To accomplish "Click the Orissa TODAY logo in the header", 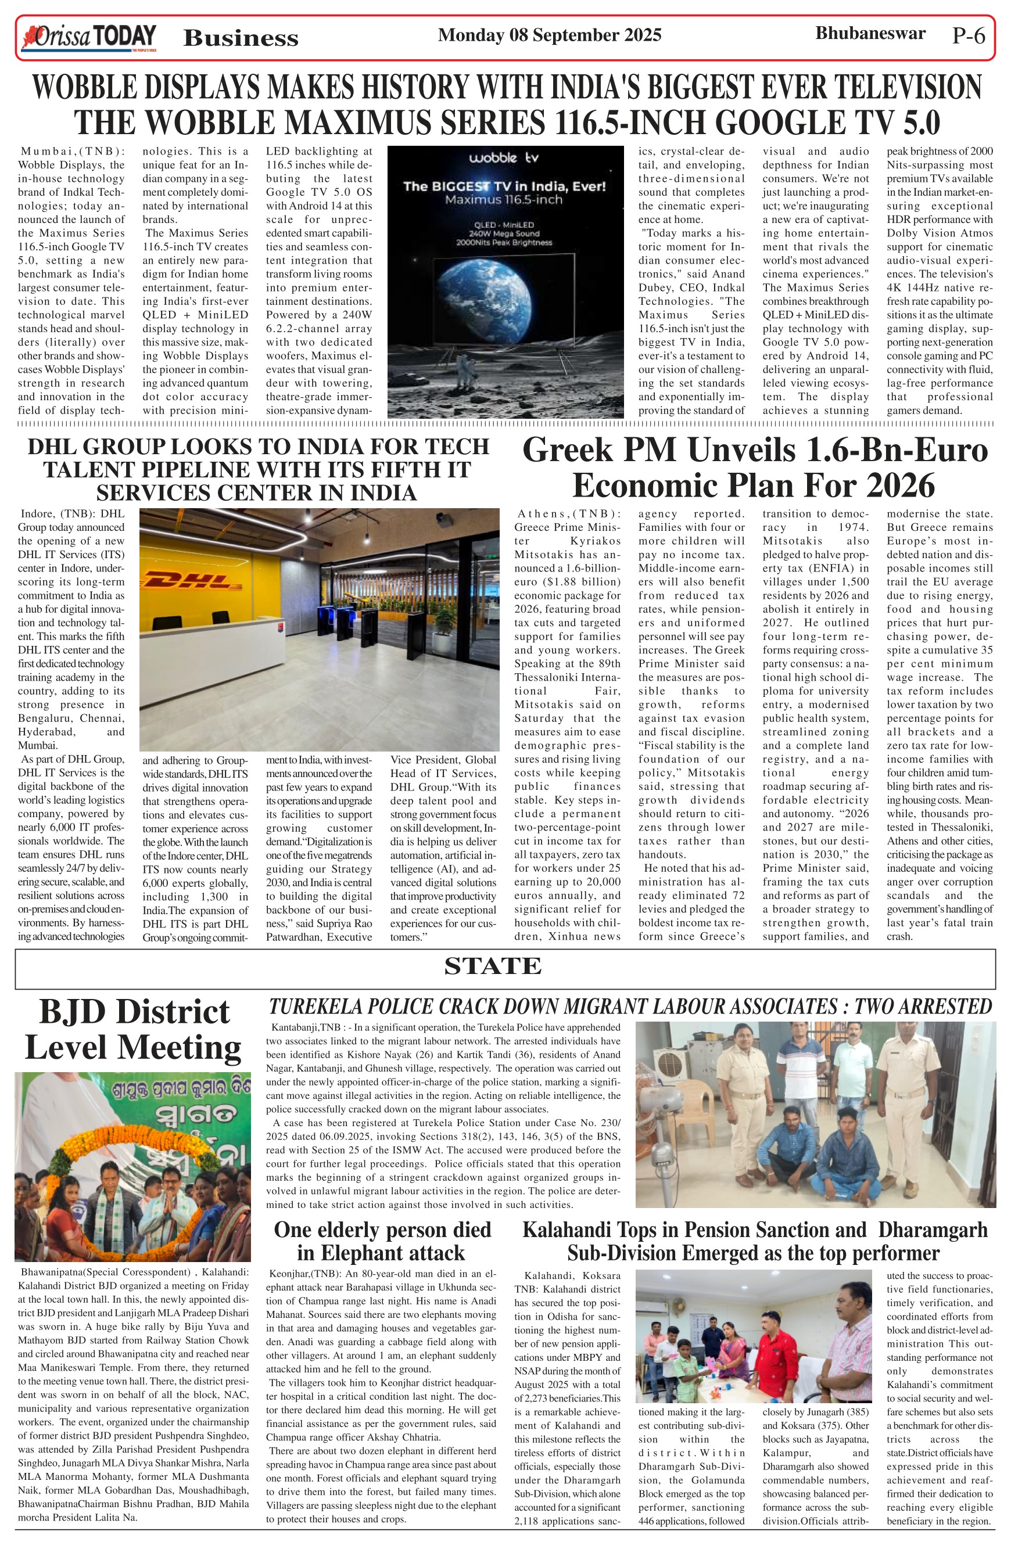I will [89, 37].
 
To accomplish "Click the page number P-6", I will [968, 36].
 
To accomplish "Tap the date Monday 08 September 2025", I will [549, 35].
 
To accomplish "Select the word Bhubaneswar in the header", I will [870, 33].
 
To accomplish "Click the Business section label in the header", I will [241, 38].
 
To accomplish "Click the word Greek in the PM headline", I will [567, 451].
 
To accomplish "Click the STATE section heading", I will [493, 966].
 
